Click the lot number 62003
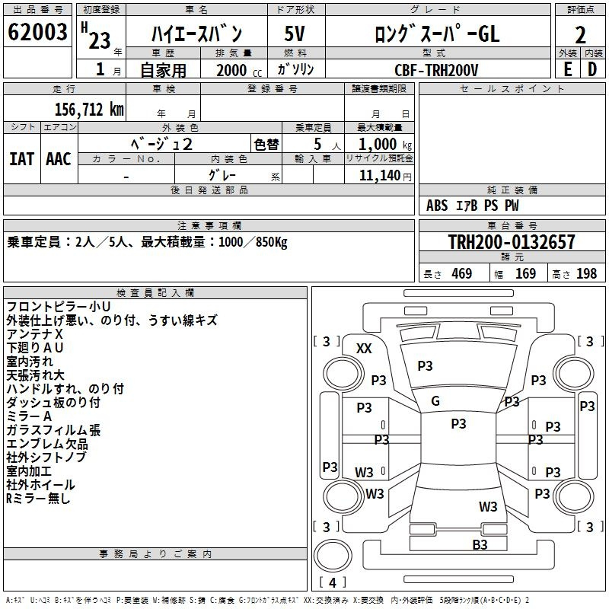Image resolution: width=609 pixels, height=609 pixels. (37, 32)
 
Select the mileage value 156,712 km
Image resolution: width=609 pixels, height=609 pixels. (89, 110)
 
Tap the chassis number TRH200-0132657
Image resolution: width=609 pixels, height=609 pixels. (512, 241)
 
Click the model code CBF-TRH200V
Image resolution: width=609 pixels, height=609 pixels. (436, 70)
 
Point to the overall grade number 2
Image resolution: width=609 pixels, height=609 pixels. (580, 35)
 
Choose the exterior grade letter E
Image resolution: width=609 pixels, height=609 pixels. (567, 69)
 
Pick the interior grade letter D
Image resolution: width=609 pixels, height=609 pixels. (592, 69)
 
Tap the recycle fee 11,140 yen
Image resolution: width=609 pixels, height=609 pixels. (385, 176)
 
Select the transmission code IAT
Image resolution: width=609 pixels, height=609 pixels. (21, 159)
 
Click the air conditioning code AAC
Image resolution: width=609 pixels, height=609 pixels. (59, 159)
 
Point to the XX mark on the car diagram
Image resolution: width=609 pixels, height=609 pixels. (364, 349)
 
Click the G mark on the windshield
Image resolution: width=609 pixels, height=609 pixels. (435, 401)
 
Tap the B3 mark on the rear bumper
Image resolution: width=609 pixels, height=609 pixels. (480, 544)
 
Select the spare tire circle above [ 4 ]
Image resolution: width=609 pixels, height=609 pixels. (333, 556)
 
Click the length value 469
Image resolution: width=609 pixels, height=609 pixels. (462, 274)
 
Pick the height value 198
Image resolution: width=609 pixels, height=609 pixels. (586, 274)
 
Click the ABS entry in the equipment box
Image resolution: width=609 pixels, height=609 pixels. (437, 206)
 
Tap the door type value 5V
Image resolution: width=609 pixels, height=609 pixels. (295, 33)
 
